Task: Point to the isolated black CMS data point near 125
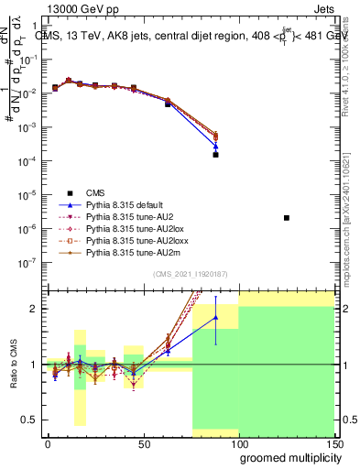(x=287, y=218)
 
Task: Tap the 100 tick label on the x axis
(x=239, y=443)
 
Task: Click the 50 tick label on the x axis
(x=143, y=443)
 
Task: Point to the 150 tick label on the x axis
(x=334, y=443)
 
